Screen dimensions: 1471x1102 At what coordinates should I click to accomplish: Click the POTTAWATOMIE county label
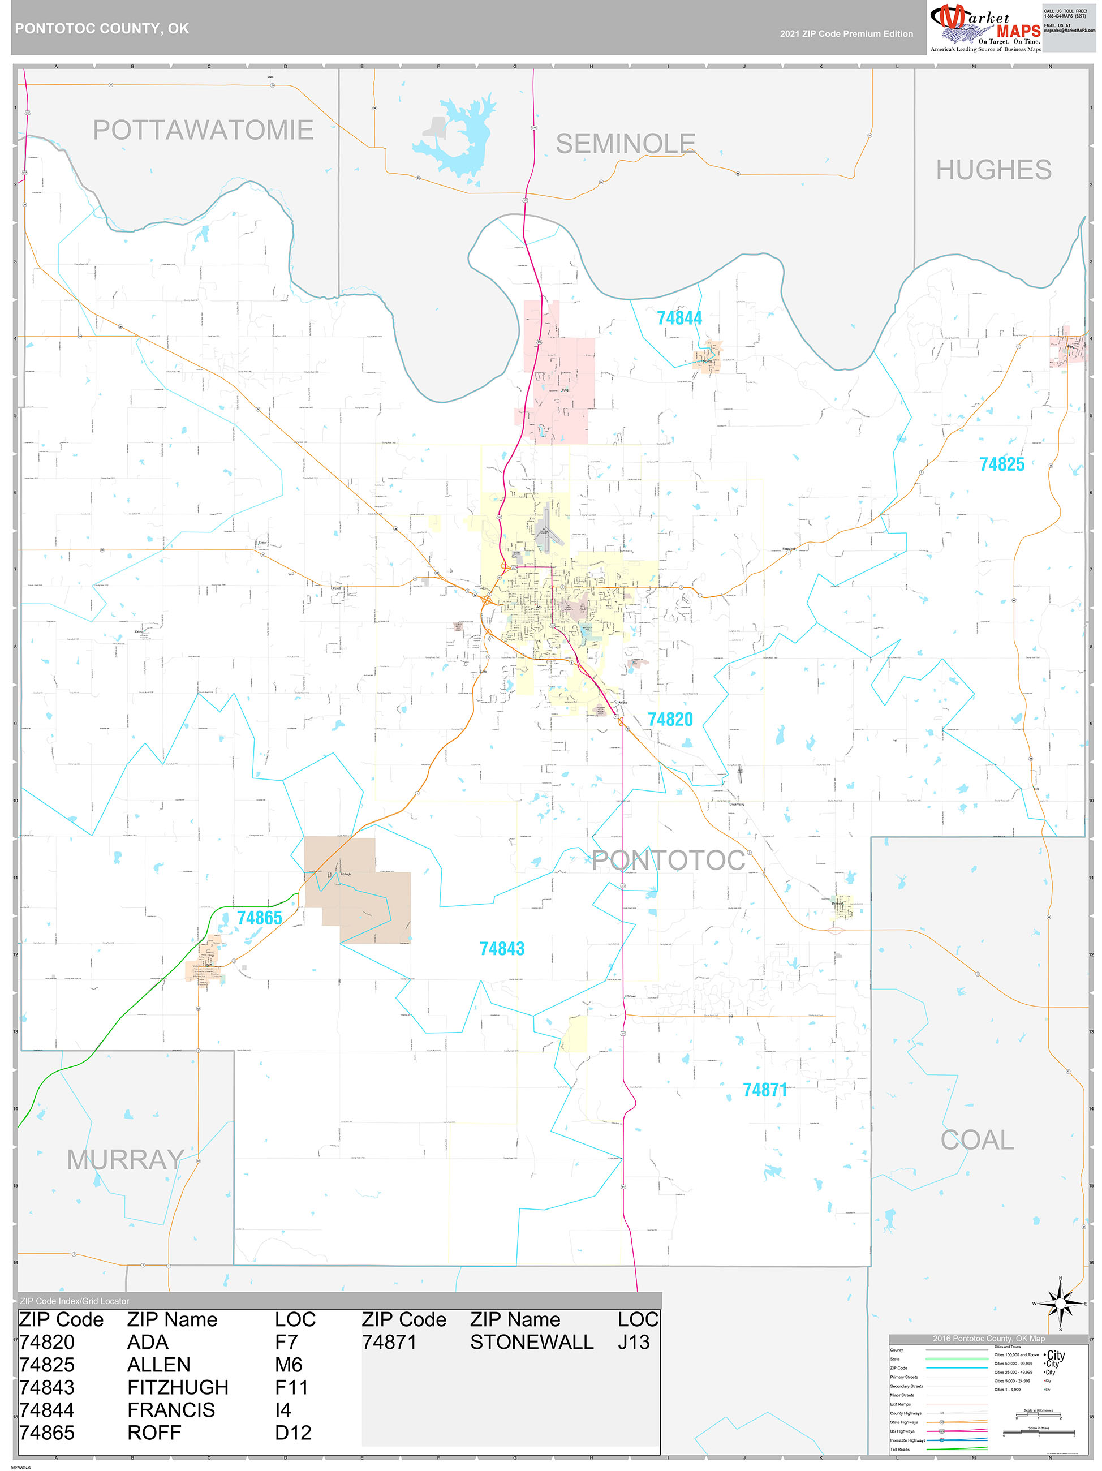coord(203,130)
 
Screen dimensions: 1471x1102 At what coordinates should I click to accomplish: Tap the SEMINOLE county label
coord(625,144)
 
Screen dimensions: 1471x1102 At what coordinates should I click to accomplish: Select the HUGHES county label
coord(993,170)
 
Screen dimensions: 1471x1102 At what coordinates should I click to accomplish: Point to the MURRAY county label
coord(125,1160)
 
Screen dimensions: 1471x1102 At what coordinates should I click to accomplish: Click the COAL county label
coord(977,1140)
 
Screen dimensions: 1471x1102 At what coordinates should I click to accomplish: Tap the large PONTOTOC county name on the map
coord(668,860)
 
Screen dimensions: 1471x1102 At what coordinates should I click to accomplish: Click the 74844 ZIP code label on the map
coord(679,319)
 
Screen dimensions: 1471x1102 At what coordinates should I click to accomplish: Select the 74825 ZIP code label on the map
coord(1001,464)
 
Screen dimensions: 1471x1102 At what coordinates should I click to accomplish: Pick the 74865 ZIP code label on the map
coord(259,918)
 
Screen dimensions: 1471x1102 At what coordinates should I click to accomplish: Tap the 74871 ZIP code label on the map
coord(765,1090)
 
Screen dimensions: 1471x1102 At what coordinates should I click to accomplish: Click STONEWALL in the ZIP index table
coord(531,1342)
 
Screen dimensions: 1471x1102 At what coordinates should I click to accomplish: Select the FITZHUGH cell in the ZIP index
coord(178,1387)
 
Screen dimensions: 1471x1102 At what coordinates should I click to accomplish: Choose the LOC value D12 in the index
coord(292,1433)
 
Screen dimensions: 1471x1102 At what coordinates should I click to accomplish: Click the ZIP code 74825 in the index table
coord(46,1365)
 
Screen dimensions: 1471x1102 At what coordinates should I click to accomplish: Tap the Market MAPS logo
coord(985,27)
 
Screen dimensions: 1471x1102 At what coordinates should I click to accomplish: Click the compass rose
coord(1060,1303)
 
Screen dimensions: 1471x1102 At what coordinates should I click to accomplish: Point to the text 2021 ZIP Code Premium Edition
coord(846,34)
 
